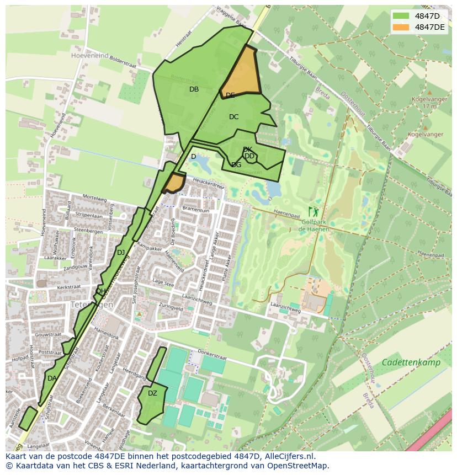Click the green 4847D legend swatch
coord(401,16)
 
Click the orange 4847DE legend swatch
coord(401,27)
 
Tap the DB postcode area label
coord(194,89)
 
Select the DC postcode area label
coord(233,117)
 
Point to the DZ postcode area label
coord(152,393)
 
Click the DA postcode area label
coord(52,378)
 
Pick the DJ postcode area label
coord(121,253)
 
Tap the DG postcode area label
coord(236,165)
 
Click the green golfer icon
coord(315,211)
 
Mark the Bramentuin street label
coord(196,210)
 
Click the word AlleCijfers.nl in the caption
coord(288,457)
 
